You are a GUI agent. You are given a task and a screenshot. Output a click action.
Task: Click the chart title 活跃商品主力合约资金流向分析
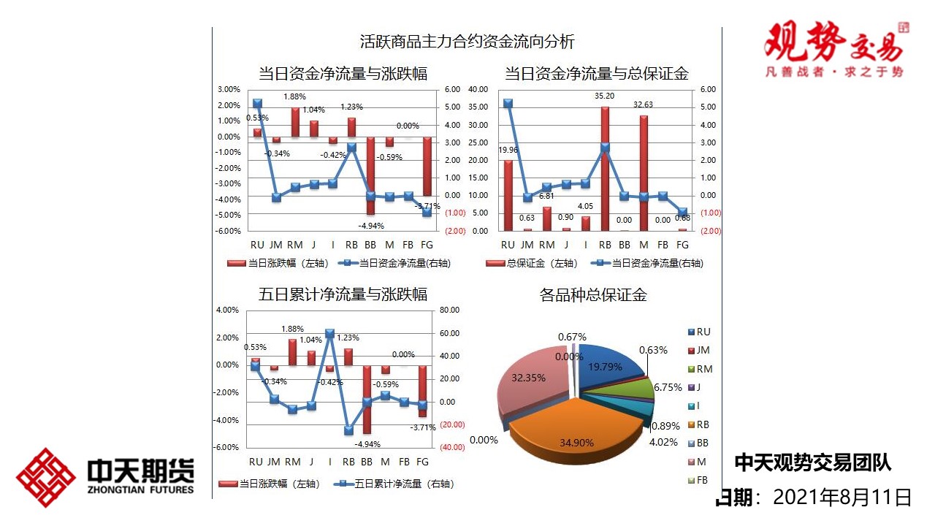[x=467, y=42]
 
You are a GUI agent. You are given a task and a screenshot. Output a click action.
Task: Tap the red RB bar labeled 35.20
[x=605, y=168]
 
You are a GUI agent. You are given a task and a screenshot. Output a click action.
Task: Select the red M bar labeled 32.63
[x=644, y=172]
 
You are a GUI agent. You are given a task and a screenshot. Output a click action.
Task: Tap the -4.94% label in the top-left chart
[x=370, y=225]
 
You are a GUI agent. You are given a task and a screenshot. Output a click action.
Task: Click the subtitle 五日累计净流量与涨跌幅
[x=343, y=294]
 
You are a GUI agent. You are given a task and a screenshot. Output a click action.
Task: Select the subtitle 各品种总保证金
[x=593, y=295]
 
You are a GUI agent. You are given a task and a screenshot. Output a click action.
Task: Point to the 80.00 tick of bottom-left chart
[x=450, y=310]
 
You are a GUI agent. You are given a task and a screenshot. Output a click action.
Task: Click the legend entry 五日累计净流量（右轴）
[x=395, y=484]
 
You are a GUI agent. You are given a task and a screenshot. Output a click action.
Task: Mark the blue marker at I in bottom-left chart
[x=329, y=333]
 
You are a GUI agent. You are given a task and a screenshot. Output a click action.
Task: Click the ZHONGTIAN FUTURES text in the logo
[x=141, y=489]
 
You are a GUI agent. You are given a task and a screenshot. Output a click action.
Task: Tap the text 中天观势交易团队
[x=812, y=462]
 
